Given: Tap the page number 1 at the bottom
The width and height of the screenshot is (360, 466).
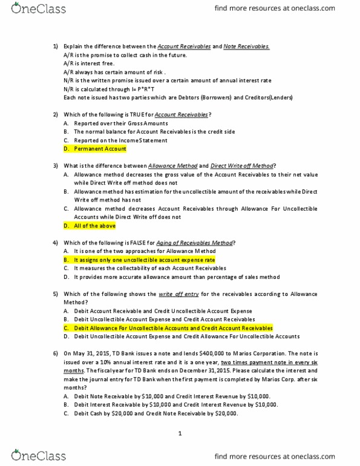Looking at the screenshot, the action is pos(180,434).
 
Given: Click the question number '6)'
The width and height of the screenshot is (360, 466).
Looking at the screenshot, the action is pos(56,353).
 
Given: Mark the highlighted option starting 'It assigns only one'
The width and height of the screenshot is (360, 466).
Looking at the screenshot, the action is pos(140,259).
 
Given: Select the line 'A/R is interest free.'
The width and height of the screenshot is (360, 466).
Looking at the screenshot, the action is pos(90,64).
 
